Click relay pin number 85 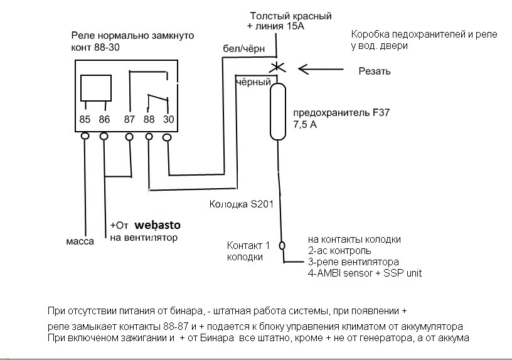point(85,119)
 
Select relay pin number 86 point(104,119)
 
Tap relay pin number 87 point(130,119)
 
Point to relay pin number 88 point(149,119)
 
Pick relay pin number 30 point(167,119)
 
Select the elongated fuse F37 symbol point(278,112)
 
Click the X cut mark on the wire point(276,67)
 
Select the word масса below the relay point(80,241)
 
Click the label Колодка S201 point(240,204)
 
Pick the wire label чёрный point(253,82)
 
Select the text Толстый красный point(290,16)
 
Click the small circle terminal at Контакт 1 point(282,245)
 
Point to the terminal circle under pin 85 point(85,135)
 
